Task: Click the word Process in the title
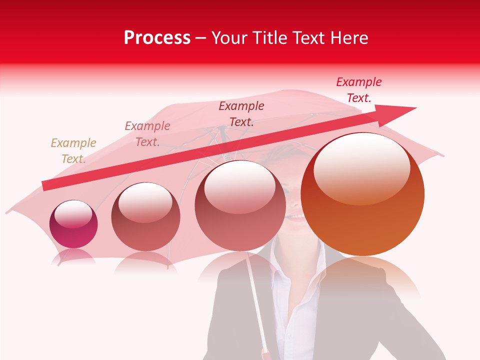[157, 38]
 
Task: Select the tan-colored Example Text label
[73, 151]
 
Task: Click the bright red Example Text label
[359, 90]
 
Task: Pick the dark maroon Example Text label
[241, 114]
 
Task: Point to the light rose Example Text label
[147, 134]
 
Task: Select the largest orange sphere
[362, 195]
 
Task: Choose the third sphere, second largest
[240, 206]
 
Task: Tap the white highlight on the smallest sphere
[73, 213]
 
